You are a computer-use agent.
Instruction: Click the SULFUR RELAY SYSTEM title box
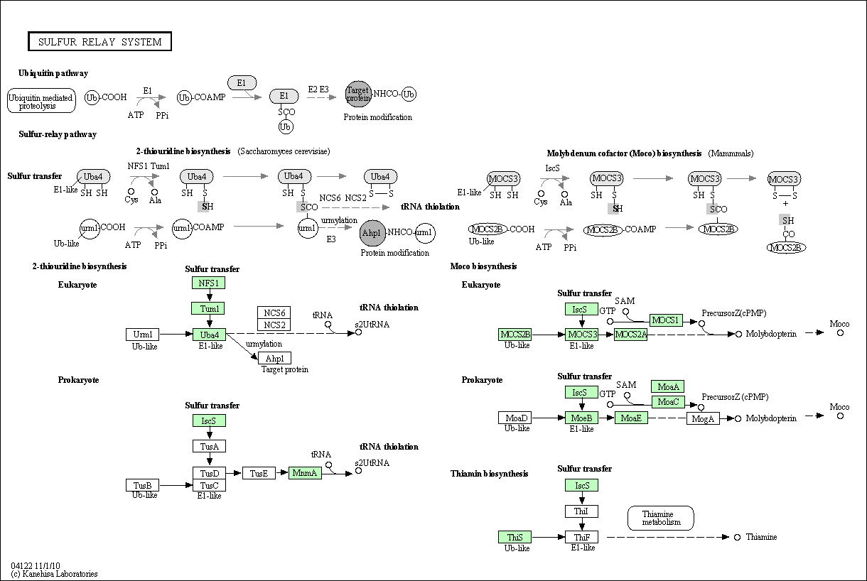(100, 41)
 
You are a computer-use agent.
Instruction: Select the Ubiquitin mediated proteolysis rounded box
(41, 101)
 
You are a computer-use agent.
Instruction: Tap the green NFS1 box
(209, 283)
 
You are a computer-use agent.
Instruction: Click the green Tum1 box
(209, 308)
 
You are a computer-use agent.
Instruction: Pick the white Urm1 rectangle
(142, 335)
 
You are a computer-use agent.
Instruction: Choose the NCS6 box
(274, 313)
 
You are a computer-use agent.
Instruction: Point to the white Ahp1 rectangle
(274, 358)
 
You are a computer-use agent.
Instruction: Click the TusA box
(209, 446)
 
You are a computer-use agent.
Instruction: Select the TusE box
(259, 473)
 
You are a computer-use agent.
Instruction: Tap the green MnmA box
(305, 473)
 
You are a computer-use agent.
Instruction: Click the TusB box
(142, 485)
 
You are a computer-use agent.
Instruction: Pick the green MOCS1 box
(666, 320)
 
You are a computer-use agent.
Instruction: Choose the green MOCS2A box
(631, 335)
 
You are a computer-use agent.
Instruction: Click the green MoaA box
(668, 386)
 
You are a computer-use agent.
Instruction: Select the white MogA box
(703, 418)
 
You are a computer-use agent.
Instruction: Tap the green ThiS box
(515, 537)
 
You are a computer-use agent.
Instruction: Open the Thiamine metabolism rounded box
(661, 518)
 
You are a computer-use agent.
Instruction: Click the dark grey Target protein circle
(358, 94)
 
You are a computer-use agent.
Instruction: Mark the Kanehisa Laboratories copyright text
(54, 574)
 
